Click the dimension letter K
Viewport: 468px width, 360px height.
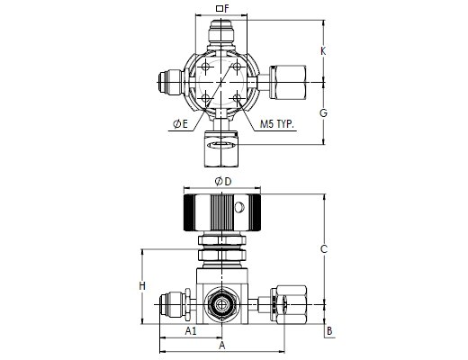tap(323, 51)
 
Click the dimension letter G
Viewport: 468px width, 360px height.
tap(323, 113)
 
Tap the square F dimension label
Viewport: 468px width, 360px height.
tap(222, 9)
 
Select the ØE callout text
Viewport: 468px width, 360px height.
tap(180, 123)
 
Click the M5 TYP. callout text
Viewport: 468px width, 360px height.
tap(276, 124)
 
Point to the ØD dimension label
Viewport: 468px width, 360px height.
tap(223, 181)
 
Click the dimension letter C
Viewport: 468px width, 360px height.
tap(323, 249)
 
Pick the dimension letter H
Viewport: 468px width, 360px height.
tap(142, 286)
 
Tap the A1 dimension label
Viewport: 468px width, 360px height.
tap(191, 331)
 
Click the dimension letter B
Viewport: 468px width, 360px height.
tap(329, 331)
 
